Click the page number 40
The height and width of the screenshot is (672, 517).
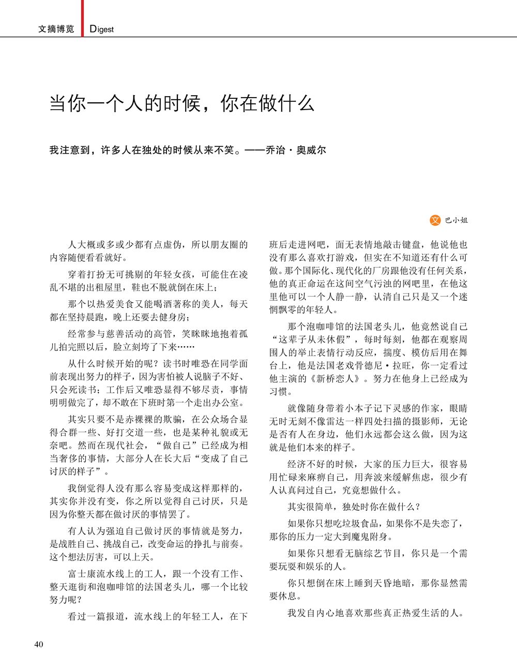click(39, 644)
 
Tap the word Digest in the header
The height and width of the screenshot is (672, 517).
click(101, 29)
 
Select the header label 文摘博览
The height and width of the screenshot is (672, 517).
click(56, 29)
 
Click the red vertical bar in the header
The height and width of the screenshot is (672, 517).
click(82, 18)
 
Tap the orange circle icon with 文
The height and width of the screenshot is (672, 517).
click(435, 220)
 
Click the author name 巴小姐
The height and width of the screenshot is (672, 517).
click(457, 220)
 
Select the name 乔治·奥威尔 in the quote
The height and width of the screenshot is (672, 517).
click(296, 150)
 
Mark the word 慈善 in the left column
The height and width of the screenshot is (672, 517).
click(115, 334)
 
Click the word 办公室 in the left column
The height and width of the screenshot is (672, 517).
click(229, 402)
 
